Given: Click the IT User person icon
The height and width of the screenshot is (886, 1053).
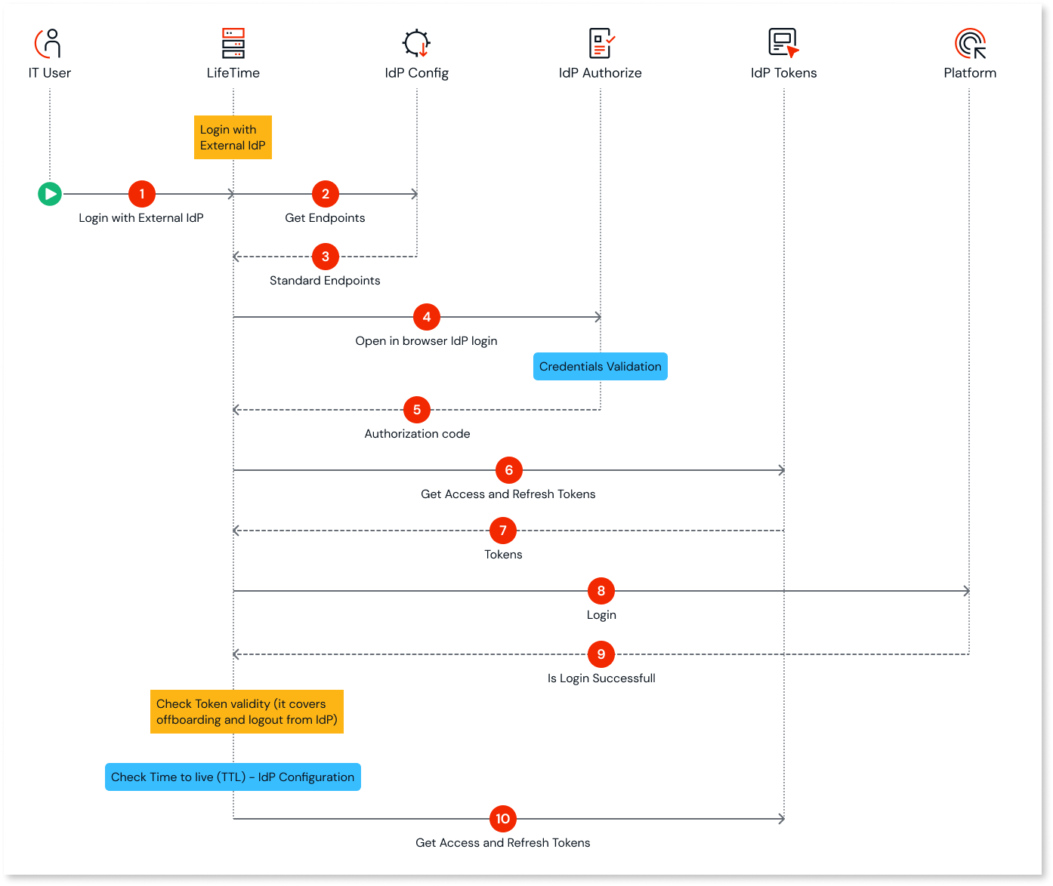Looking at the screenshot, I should [x=49, y=43].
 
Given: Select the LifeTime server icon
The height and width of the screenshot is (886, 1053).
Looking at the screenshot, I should [x=233, y=43].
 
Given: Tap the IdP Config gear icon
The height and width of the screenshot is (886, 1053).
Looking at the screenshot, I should [x=416, y=43].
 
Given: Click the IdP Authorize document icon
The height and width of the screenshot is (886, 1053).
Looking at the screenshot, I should [x=601, y=43].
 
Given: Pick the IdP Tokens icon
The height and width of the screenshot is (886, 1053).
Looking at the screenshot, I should [x=783, y=43].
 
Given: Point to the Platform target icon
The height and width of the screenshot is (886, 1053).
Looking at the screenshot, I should [x=970, y=43].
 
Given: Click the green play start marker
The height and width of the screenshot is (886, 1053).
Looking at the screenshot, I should [x=50, y=194].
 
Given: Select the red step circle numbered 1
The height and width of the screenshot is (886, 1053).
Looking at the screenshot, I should [x=142, y=194].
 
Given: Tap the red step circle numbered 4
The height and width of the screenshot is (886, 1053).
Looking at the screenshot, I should [x=427, y=317].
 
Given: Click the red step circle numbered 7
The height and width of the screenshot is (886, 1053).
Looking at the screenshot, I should [x=503, y=531].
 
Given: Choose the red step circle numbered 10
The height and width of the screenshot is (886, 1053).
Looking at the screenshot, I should [x=503, y=819].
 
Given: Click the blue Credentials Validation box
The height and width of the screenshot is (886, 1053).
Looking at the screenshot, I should [x=601, y=367].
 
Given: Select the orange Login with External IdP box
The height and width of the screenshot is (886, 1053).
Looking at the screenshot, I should [x=233, y=137].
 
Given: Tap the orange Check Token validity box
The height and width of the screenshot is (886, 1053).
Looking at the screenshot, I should [x=247, y=712].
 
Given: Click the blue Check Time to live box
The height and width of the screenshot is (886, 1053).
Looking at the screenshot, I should [x=233, y=777].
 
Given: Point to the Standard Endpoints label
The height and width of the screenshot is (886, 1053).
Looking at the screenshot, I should [x=325, y=281].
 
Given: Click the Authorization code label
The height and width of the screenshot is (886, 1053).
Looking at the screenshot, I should [x=417, y=434].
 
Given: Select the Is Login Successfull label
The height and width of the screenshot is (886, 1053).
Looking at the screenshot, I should [x=601, y=678].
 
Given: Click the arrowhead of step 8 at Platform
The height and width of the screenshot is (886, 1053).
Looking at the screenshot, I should [x=966, y=591].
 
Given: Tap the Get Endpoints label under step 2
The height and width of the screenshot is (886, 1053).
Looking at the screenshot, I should [x=325, y=218].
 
